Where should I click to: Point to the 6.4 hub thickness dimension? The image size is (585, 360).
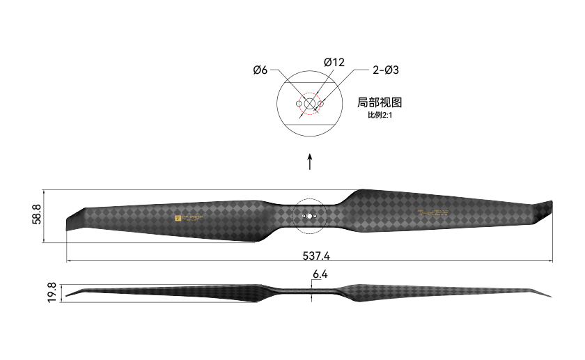pos(320,274)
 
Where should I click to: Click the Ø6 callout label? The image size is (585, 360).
pos(260,70)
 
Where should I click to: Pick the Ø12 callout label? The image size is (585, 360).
pos(334,63)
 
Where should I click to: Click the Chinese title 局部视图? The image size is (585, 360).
pos(379,102)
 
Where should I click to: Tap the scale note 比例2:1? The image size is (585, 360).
pos(381,115)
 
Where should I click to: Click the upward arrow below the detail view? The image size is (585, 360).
pos(310,162)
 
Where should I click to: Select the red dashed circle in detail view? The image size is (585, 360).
pos(310,104)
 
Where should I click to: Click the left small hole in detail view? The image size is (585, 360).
pos(299,104)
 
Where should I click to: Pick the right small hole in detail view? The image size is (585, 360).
pos(321,104)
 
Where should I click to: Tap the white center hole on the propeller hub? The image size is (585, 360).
pos(309,216)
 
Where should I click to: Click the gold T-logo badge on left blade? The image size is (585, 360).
pos(178,218)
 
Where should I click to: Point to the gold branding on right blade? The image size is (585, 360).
pos(434,214)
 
